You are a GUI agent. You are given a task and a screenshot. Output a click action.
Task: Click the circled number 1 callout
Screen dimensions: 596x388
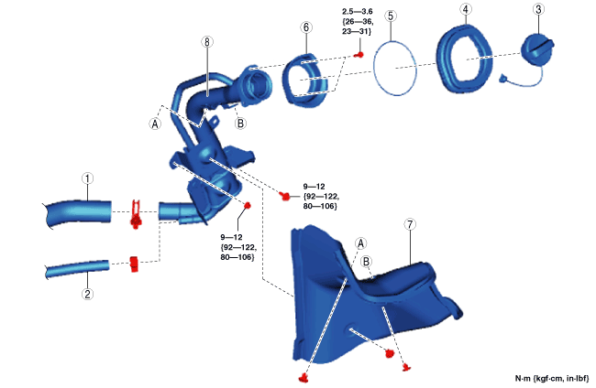point(88,178)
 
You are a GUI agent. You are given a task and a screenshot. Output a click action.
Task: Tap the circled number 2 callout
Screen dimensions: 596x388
point(88,294)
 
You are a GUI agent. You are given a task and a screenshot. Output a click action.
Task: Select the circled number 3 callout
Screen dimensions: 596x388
point(538,9)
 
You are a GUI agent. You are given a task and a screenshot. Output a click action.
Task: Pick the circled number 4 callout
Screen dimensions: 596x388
point(466,9)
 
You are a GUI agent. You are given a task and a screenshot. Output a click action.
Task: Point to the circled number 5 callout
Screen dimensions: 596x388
point(391,16)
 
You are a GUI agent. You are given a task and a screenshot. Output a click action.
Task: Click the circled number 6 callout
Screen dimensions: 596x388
point(306,27)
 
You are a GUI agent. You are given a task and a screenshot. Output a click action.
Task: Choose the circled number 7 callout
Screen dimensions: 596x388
point(410,224)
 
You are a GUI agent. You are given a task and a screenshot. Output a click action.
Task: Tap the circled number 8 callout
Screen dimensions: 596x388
point(207,42)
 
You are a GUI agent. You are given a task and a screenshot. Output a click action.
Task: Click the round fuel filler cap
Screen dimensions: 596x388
point(536,48)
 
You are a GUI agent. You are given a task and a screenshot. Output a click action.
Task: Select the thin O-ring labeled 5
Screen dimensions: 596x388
point(373,69)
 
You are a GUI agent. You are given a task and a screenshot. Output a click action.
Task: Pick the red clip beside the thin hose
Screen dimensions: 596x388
point(134,264)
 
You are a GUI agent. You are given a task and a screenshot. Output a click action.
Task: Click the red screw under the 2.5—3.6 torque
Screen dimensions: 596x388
point(359,55)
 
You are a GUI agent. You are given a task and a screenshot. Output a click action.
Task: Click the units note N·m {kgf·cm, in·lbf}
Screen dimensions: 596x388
point(552,378)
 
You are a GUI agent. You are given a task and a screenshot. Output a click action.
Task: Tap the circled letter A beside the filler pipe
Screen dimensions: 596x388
point(155,124)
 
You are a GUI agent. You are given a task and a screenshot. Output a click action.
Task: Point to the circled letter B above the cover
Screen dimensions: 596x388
point(366,262)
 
